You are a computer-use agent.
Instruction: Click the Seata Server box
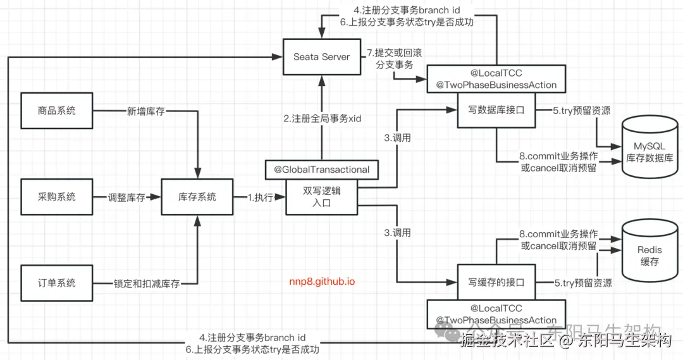pyautogui.click(x=321, y=57)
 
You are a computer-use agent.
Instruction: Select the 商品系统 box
pyautogui.click(x=56, y=111)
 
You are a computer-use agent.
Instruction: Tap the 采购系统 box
pyautogui.click(x=56, y=197)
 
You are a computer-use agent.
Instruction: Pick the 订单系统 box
pyautogui.click(x=56, y=283)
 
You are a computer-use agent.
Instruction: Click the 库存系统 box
pyautogui.click(x=197, y=197)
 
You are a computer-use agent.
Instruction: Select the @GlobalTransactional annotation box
pyautogui.click(x=322, y=170)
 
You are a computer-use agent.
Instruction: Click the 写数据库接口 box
pyautogui.click(x=496, y=111)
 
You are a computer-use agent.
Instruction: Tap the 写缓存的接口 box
pyautogui.click(x=496, y=283)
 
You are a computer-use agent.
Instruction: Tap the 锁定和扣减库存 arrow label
pyautogui.click(x=147, y=283)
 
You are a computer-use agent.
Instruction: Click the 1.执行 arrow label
pyautogui.click(x=260, y=197)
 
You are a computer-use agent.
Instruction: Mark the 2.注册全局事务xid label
pyautogui.click(x=323, y=118)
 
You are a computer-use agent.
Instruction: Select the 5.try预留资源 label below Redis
pyautogui.click(x=582, y=283)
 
